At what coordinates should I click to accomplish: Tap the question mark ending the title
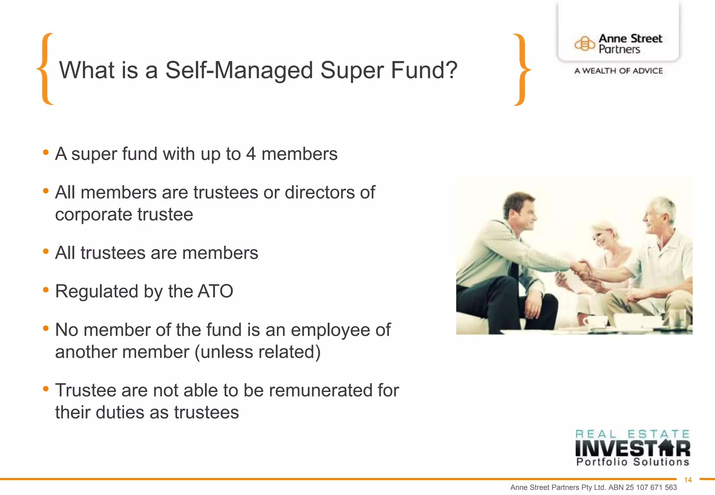[451, 70]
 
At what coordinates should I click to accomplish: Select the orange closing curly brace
[522, 69]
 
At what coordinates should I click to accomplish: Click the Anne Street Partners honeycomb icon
[584, 44]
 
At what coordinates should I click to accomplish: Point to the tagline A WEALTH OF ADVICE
[618, 71]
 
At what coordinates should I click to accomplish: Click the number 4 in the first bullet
[251, 154]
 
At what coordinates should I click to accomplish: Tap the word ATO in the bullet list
[215, 291]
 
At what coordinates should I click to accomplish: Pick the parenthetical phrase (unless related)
[257, 352]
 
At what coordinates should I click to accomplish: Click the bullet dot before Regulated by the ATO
[46, 290]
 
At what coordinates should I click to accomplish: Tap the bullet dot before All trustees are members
[46, 251]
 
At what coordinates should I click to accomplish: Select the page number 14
[688, 480]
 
